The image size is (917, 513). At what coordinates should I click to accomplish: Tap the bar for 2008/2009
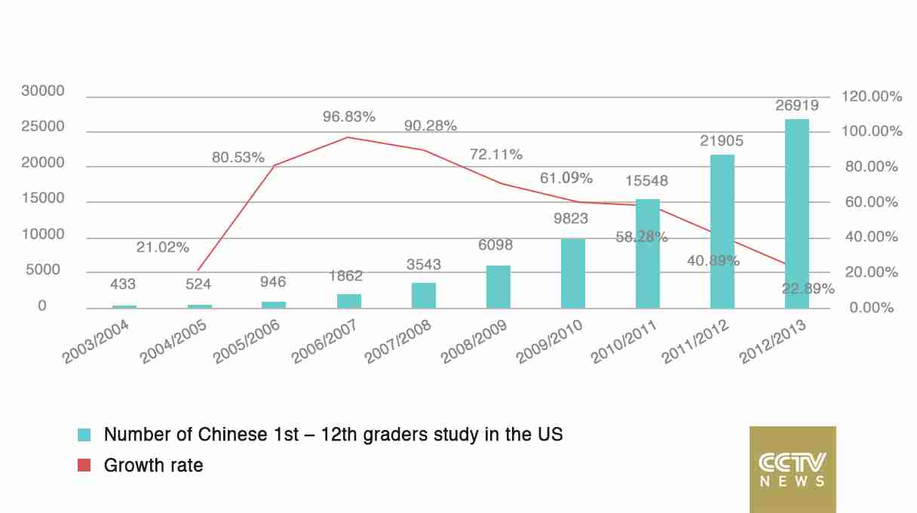tap(498, 287)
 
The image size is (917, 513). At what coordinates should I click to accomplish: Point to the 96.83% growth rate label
tap(349, 117)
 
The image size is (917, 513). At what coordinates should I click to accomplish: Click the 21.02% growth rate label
tap(163, 247)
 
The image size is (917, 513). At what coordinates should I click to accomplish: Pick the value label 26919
tap(797, 105)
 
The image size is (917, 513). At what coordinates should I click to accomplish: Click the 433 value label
tap(123, 284)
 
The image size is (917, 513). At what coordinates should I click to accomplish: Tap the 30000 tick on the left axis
tap(42, 91)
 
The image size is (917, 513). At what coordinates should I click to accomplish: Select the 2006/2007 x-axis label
tap(324, 342)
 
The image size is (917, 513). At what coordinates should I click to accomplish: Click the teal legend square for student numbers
tap(84, 435)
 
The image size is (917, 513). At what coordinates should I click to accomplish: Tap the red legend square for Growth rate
tap(84, 465)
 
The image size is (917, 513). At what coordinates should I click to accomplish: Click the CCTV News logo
tap(793, 469)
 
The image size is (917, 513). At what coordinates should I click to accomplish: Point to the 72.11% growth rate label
tap(496, 155)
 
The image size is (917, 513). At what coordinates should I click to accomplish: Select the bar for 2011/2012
tap(722, 232)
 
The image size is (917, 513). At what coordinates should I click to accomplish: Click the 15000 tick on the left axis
tap(42, 199)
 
